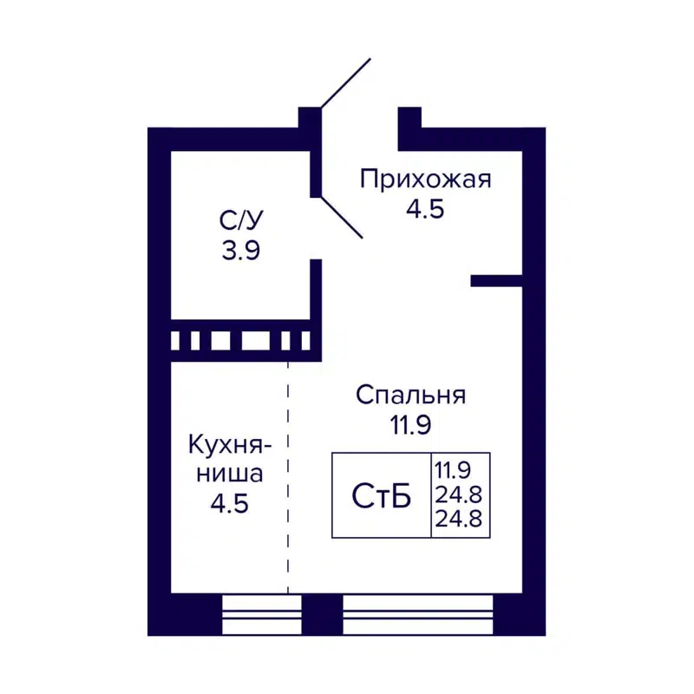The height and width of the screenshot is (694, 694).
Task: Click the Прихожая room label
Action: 425,180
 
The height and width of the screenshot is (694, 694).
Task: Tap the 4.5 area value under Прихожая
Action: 425,209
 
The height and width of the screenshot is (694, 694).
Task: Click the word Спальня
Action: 411,395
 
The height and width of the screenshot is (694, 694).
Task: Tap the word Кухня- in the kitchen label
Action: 230,445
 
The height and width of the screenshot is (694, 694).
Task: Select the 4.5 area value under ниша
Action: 230,503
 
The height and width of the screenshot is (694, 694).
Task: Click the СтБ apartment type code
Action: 381,497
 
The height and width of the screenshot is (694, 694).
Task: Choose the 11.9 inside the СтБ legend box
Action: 453,471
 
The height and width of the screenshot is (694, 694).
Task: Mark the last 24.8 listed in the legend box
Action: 460,521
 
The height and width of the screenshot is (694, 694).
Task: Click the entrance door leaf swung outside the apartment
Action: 345,83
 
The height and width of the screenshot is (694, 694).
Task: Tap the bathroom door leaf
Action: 341,216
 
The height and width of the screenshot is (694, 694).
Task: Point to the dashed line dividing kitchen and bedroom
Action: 288,477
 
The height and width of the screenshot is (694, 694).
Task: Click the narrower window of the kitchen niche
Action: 261,615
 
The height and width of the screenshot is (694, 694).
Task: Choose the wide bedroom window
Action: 417,615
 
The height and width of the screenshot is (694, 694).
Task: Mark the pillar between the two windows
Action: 322,615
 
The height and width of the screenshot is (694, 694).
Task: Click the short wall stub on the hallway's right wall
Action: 496,280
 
